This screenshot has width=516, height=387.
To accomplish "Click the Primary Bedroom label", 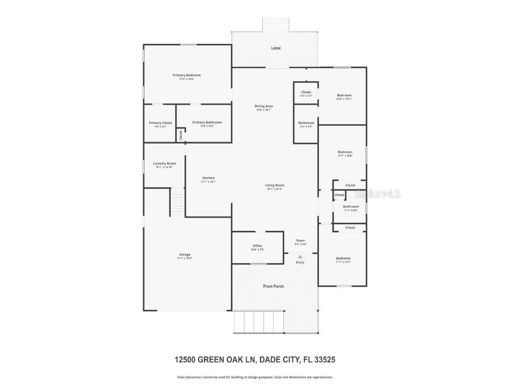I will [186, 75].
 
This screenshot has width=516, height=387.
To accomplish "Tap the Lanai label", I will [275, 48].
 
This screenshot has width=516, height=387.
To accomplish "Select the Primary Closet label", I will [160, 123].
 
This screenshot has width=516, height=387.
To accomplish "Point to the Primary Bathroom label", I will [207, 122].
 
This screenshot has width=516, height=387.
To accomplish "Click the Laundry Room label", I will [164, 163].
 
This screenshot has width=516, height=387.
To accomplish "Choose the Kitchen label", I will [208, 178].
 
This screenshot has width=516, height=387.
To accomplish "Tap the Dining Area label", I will [263, 106].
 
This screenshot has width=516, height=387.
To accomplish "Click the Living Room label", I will [275, 185].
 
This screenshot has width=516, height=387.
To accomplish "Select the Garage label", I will [184, 254].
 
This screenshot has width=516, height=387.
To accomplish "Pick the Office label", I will [257, 246].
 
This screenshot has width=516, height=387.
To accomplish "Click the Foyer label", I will [300, 241].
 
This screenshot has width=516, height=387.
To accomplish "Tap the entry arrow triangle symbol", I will [300, 256].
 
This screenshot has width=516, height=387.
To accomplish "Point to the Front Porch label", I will [274, 286].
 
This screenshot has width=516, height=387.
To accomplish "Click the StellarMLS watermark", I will [378, 193].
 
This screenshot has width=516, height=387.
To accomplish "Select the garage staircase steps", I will [177, 202].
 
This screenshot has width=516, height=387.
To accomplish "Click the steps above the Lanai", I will [275, 24].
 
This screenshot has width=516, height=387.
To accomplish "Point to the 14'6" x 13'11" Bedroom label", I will [344, 95].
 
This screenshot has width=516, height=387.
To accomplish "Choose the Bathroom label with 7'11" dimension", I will [351, 207].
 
